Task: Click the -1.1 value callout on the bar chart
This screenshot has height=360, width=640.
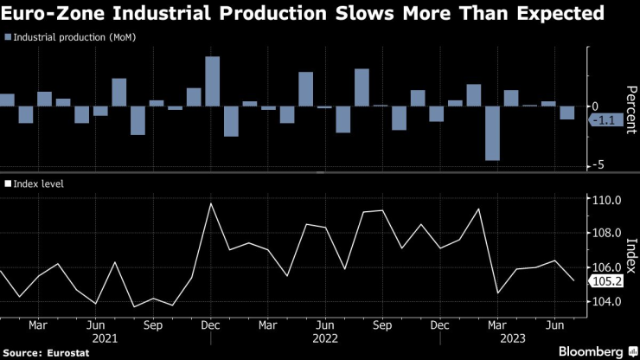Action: click(x=607, y=121)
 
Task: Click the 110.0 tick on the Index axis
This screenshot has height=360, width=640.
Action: click(x=607, y=200)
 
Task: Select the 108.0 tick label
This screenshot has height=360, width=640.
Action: click(x=607, y=234)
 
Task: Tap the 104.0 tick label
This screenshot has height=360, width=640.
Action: click(x=607, y=301)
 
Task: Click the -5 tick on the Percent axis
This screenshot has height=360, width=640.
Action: click(x=596, y=165)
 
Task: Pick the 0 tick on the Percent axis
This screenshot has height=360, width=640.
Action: click(x=594, y=106)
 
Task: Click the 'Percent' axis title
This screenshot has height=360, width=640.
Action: click(x=630, y=108)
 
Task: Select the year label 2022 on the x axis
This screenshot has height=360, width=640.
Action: click(x=324, y=339)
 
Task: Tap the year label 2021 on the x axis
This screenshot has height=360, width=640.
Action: click(x=104, y=339)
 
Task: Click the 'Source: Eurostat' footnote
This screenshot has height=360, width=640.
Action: click(x=39, y=353)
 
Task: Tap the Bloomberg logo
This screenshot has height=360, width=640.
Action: click(x=592, y=352)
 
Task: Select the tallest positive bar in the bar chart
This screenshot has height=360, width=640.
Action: click(x=213, y=81)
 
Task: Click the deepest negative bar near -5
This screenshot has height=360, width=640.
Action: click(x=492, y=133)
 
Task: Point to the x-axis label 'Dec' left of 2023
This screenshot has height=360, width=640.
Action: click(x=438, y=326)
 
